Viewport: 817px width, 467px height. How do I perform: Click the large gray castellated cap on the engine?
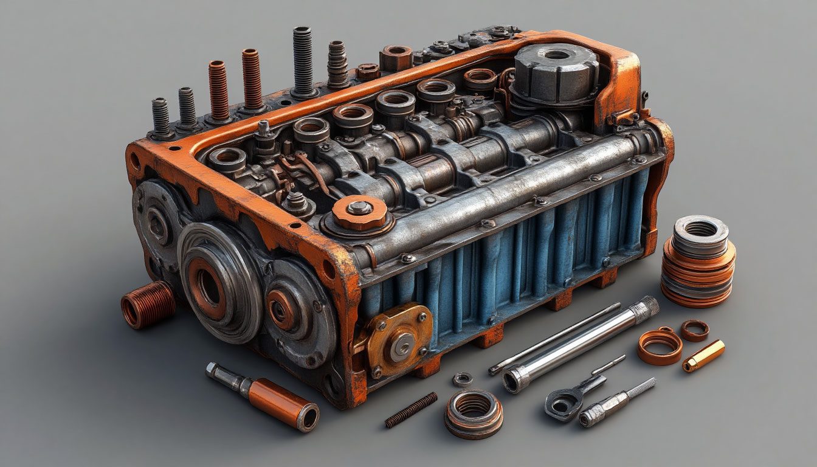click(x=556, y=73)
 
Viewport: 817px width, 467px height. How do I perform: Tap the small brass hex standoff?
click(x=703, y=356)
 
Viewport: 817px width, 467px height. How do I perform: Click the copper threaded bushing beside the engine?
click(x=148, y=305)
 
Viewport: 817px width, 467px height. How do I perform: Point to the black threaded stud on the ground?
click(x=411, y=409)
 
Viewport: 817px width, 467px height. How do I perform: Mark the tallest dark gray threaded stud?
click(x=302, y=61)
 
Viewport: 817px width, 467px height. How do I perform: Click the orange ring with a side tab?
click(x=660, y=346)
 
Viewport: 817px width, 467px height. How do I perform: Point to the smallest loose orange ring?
click(x=694, y=330)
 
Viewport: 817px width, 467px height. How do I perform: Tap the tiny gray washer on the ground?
click(x=463, y=379)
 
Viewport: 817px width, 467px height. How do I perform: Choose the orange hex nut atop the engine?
click(x=396, y=58)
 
